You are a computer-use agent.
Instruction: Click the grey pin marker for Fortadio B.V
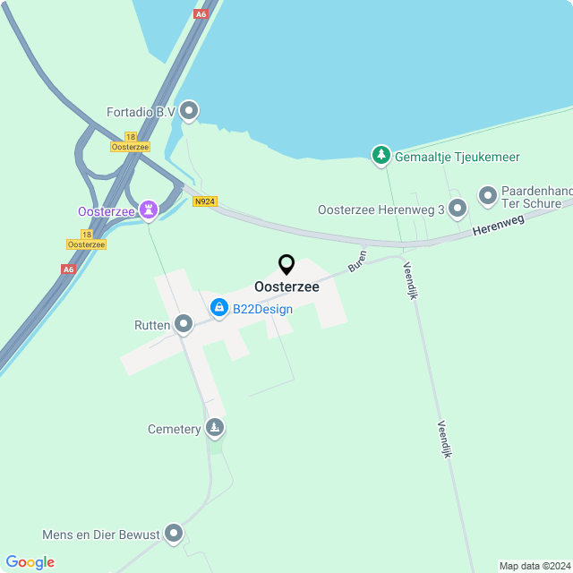coord(189,111)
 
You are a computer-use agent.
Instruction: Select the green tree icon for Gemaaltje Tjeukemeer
coord(382,156)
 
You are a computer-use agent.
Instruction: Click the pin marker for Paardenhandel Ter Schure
coord(488,194)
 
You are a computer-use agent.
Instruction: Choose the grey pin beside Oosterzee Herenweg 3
coord(458,210)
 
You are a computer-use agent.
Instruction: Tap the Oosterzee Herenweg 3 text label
coord(381,210)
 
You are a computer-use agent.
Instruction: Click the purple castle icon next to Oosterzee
coord(149,211)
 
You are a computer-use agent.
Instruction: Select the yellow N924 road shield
coord(205,202)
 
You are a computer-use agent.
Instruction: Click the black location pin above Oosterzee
coord(286,265)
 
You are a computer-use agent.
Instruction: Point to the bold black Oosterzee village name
coord(286,287)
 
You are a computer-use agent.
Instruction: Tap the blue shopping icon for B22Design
coord(218,309)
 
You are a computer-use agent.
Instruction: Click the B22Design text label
coord(262,310)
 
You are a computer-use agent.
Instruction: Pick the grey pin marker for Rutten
coord(184,324)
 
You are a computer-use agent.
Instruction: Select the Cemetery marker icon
coord(214,429)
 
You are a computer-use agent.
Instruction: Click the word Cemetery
coord(175,430)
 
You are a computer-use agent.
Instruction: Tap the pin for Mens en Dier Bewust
coord(173,535)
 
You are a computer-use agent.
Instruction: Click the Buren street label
coord(357,261)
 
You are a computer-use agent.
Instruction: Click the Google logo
coord(30,562)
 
